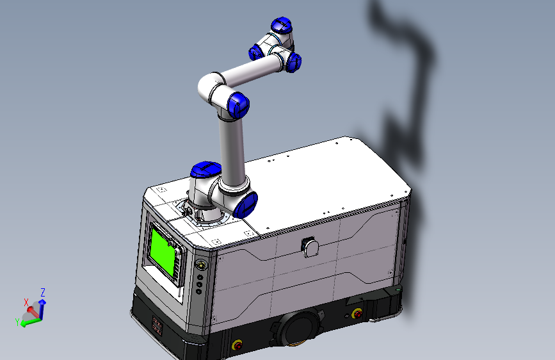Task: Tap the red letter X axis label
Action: pos(26,301)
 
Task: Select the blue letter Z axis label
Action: pos(43,292)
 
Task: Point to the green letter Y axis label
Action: pos(17,322)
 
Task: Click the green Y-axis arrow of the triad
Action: pos(28,322)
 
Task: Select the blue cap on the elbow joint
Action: pos(237,103)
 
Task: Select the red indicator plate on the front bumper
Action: pos(157,325)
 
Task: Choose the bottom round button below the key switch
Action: pos(199,291)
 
